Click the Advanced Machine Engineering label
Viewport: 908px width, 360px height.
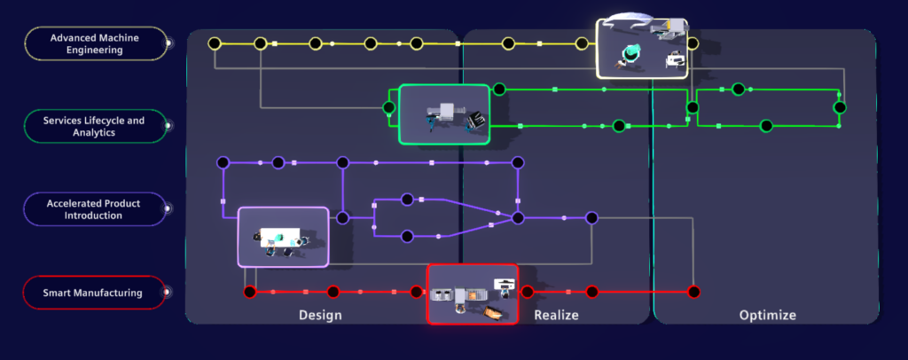[97, 43]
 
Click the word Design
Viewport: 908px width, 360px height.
[320, 315]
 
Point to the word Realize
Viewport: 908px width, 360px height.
[556, 315]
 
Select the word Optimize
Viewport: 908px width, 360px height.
[767, 315]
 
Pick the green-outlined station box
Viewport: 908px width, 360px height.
[444, 114]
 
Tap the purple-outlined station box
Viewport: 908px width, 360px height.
[283, 237]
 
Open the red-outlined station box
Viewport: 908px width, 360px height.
[473, 294]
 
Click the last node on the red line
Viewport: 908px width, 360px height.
[694, 292]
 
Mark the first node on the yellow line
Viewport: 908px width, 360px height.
[214, 43]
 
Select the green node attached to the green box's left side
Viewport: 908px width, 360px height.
[388, 108]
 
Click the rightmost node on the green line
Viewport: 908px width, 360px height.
[839, 107]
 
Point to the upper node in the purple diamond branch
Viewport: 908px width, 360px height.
[407, 199]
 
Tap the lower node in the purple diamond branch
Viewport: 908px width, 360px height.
[407, 236]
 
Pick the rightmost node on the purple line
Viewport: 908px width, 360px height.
[591, 217]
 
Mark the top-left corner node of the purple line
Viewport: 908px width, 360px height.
[223, 162]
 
